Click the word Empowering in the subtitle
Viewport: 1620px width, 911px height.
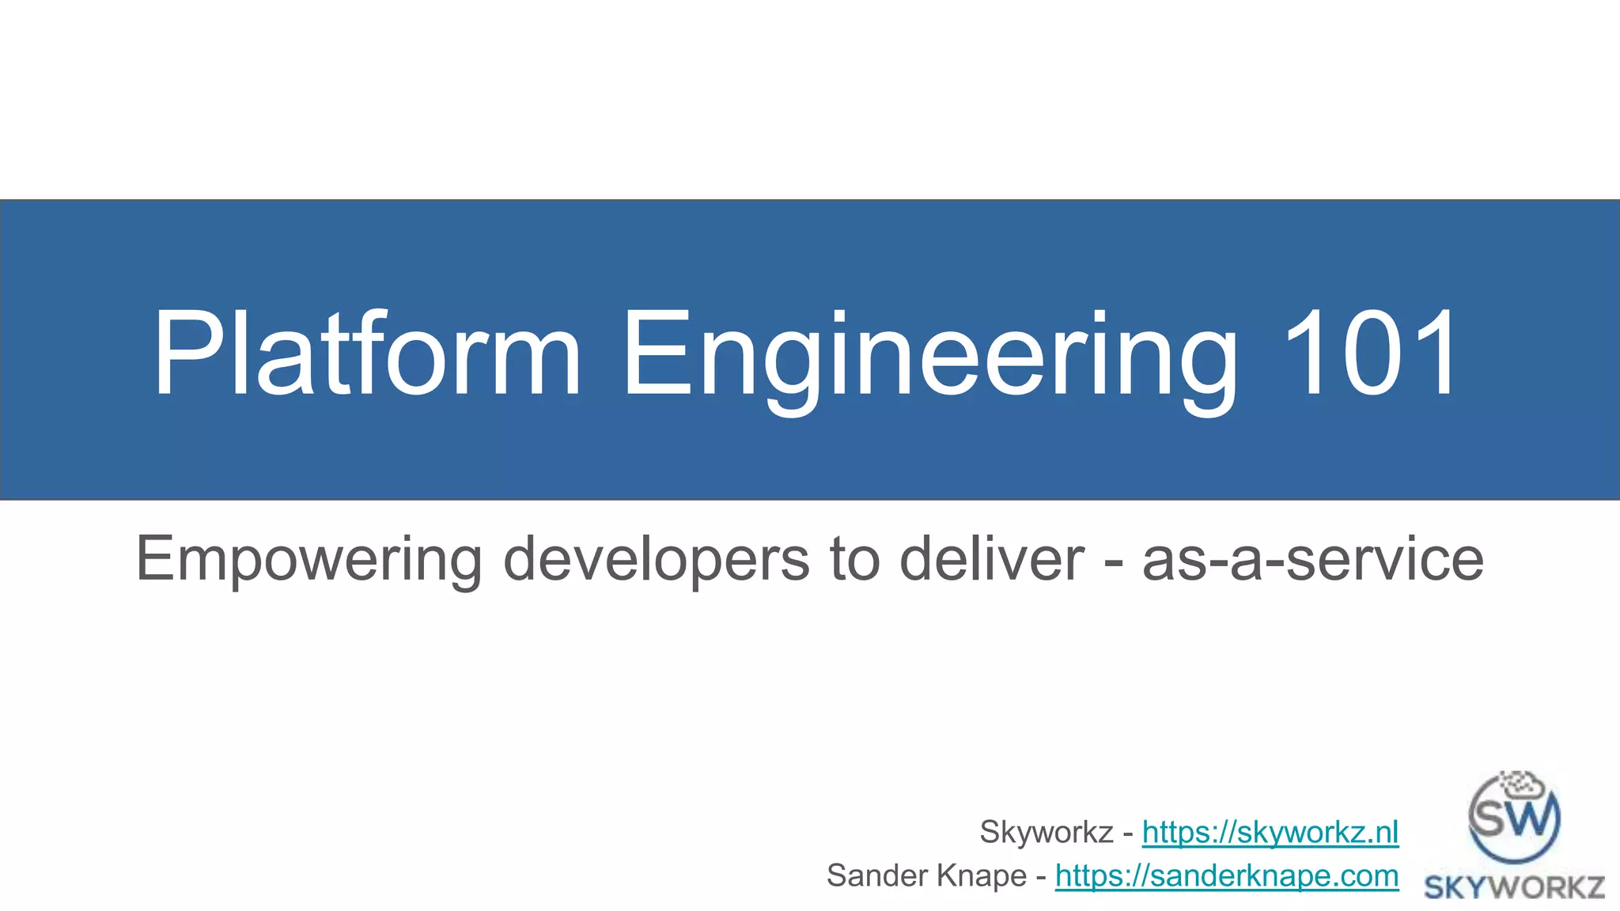coord(308,560)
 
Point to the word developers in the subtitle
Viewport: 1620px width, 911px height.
coord(656,560)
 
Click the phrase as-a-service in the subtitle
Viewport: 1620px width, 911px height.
coord(1313,560)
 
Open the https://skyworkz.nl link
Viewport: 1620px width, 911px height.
coord(1270,832)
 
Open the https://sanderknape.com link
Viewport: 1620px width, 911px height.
coord(1227,875)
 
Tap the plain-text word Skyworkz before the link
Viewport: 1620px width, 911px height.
coord(1047,832)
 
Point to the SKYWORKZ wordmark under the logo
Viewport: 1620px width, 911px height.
coord(1514,888)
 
